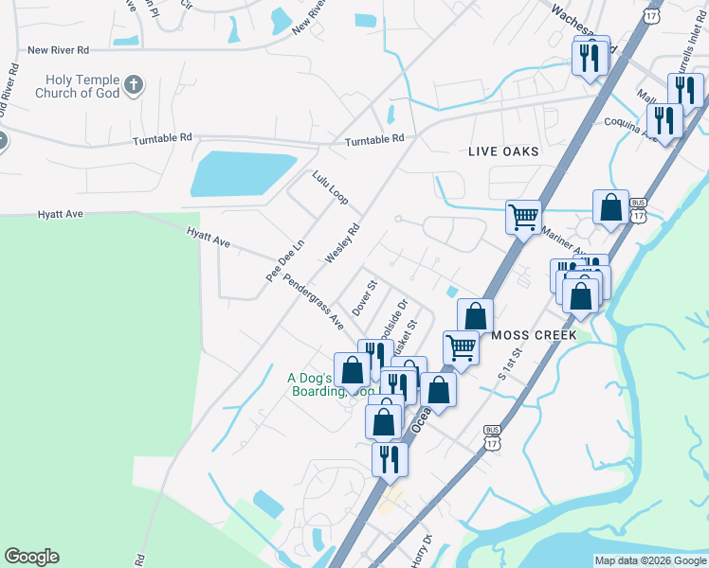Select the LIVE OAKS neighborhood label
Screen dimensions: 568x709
[x=503, y=151]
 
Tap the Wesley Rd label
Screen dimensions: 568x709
[x=343, y=243]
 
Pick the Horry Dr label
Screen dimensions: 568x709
[x=421, y=552]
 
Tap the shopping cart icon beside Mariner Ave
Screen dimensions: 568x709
[x=523, y=217]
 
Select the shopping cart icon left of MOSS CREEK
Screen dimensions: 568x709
[x=462, y=346]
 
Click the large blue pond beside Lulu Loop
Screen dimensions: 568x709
[x=244, y=174]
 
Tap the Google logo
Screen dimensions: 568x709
[x=31, y=557]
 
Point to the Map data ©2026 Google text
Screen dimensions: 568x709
[x=650, y=560]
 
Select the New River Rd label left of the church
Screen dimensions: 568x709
[x=59, y=49]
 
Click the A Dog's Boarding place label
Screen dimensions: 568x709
[x=313, y=384]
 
